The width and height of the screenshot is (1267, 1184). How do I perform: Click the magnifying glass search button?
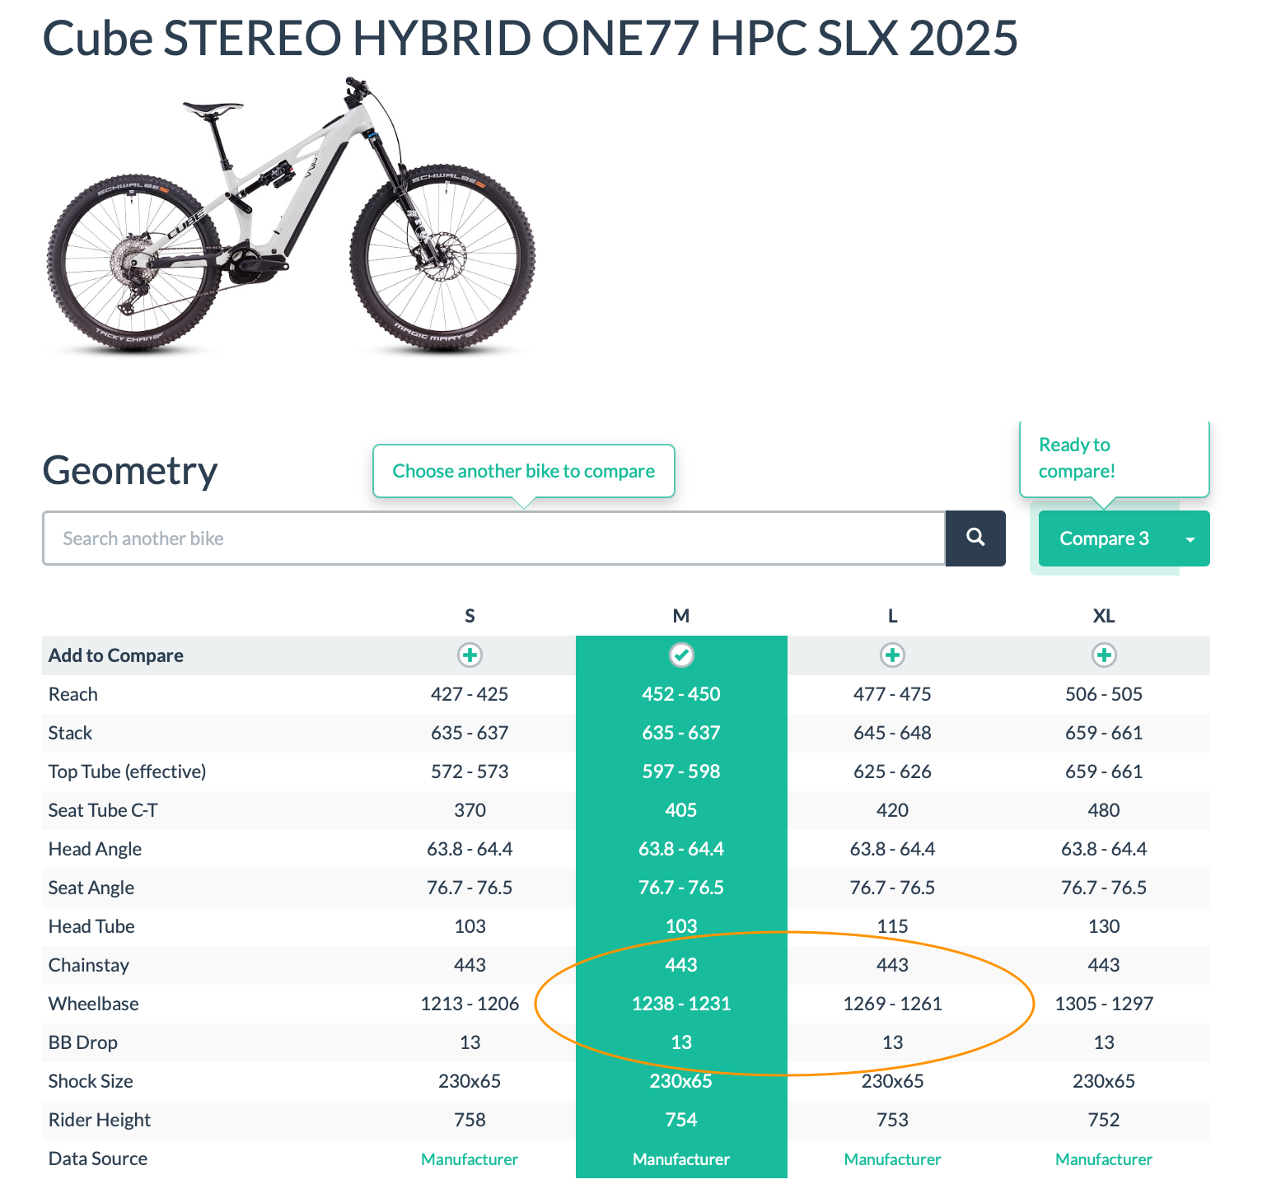tap(975, 538)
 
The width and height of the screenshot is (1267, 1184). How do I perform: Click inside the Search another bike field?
tap(493, 538)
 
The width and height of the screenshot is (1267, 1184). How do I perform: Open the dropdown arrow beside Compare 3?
tap(1190, 539)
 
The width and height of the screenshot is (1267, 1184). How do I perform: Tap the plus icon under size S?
tap(470, 655)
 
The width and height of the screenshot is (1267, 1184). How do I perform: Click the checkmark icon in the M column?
tap(681, 655)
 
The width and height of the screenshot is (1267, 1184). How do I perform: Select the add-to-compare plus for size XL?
tap(1104, 655)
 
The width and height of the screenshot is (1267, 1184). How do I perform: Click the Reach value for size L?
tap(892, 694)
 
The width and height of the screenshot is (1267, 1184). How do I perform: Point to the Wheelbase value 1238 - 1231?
tap(681, 1004)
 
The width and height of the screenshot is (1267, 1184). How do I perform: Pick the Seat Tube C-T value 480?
tap(1104, 810)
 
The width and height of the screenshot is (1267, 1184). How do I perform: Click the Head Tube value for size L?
tap(892, 926)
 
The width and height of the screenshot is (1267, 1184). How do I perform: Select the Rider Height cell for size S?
tap(470, 1120)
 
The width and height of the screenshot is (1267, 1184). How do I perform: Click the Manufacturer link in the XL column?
tap(1104, 1159)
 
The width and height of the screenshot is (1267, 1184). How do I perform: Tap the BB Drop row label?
tap(83, 1042)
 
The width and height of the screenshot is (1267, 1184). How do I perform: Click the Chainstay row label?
tap(89, 965)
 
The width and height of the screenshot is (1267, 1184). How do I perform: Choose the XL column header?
tap(1104, 616)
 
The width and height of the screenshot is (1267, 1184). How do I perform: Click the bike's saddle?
tap(213, 109)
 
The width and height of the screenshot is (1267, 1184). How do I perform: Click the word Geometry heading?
tap(130, 472)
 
